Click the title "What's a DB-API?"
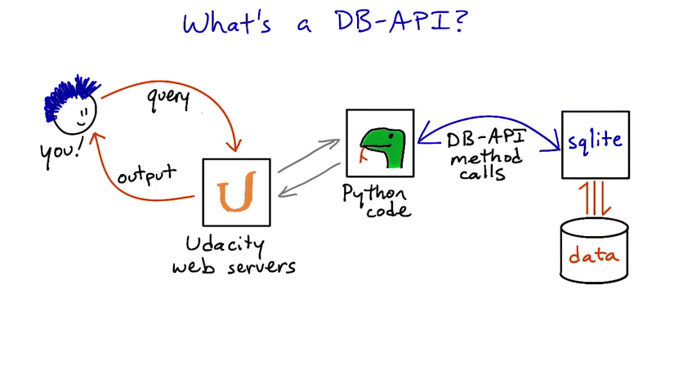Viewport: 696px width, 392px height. [325, 22]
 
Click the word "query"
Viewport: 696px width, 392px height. [168, 98]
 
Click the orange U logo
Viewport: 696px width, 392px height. [236, 192]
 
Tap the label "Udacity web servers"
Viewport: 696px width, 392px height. [234, 255]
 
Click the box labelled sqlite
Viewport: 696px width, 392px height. [596, 144]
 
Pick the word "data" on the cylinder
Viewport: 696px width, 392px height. [594, 256]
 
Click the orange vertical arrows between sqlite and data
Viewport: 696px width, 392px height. [596, 198]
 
